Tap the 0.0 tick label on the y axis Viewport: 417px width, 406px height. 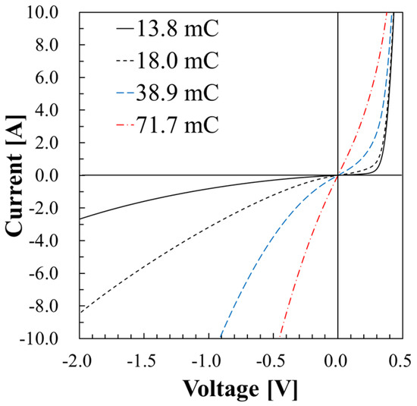(x=59, y=175)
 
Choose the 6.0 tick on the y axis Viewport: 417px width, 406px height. (x=59, y=78)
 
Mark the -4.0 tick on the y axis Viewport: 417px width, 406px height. (x=55, y=241)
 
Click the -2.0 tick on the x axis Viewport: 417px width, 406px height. (x=79, y=357)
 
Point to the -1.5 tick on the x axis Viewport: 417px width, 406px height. (x=143, y=357)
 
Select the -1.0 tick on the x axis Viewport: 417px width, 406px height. (x=208, y=357)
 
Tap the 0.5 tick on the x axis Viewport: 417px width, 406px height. (x=402, y=357)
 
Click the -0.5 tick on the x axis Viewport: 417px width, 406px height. (x=272, y=357)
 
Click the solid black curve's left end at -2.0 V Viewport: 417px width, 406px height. (x=80, y=219)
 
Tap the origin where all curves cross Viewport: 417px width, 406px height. (x=337, y=175)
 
